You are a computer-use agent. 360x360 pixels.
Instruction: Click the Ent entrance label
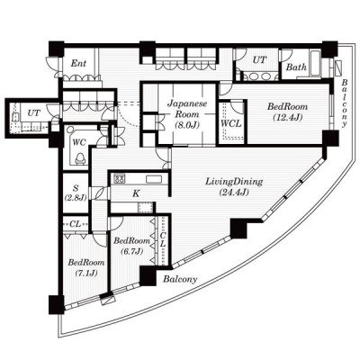[78, 63]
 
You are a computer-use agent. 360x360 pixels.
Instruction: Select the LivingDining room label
[234, 182]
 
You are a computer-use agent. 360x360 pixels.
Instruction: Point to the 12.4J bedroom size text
[287, 117]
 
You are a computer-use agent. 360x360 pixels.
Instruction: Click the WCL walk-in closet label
[230, 123]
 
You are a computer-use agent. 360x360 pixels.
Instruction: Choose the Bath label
[296, 67]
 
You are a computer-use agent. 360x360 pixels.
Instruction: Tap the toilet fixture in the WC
[80, 158]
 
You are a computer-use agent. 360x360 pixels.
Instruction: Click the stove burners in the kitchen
[120, 179]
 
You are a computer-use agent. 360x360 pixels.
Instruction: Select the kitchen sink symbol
[154, 179]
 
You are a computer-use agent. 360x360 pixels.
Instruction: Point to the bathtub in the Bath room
[316, 63]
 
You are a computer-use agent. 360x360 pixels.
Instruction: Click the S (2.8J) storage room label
[76, 193]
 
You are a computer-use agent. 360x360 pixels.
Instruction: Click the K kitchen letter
[136, 193]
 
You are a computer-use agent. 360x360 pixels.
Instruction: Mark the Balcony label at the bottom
[180, 279]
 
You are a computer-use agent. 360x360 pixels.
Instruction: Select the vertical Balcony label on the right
[345, 103]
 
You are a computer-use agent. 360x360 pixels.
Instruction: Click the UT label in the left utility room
[33, 113]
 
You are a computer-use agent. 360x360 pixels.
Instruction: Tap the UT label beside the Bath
[259, 60]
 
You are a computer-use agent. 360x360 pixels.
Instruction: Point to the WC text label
[79, 142]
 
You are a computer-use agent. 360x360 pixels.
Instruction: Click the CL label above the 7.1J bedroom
[75, 224]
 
